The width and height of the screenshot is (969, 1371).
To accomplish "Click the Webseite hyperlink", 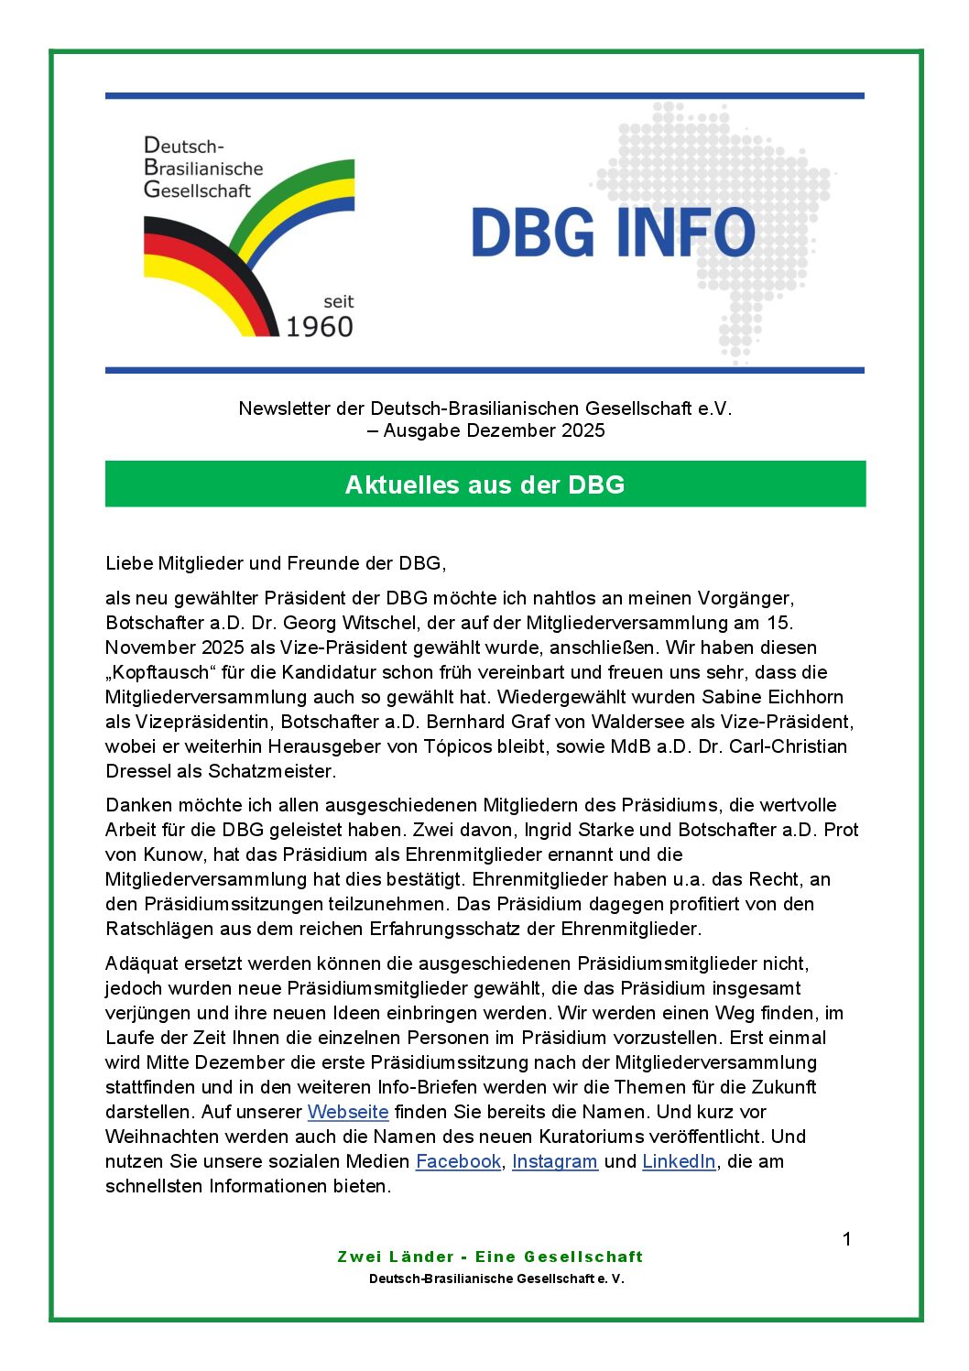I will point(348,1112).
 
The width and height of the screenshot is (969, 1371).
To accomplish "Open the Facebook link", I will point(458,1161).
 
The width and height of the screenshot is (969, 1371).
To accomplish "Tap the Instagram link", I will point(554,1161).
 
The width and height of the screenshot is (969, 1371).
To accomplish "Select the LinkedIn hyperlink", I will point(679,1161).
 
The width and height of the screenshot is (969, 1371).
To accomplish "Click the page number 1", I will point(847,1239).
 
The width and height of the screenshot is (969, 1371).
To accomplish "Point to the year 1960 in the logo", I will point(319,326).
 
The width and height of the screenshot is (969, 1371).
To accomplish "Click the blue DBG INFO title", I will point(613,233).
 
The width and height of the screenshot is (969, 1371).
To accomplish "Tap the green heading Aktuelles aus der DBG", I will point(484,484).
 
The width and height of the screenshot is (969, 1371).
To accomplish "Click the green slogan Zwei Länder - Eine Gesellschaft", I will point(490,1257).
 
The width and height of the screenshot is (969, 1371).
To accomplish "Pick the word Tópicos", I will point(459,746).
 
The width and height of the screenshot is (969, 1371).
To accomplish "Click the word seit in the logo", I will point(338,301).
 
